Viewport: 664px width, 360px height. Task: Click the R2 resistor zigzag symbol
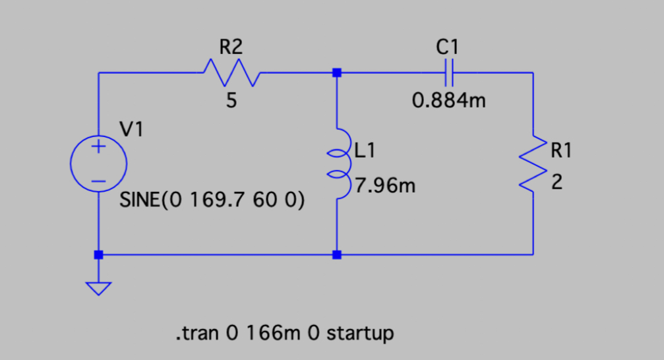(x=231, y=73)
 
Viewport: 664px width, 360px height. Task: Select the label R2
(x=230, y=47)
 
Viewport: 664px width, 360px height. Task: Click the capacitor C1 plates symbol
(x=448, y=73)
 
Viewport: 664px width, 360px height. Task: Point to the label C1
(x=447, y=46)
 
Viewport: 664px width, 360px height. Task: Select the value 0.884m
(x=448, y=102)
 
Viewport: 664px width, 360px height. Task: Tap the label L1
(x=365, y=150)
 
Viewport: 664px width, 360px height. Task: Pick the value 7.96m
(x=386, y=187)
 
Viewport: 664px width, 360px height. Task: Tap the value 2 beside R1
(x=557, y=185)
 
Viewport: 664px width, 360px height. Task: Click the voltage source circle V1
(x=98, y=164)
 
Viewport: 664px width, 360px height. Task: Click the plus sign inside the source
(x=98, y=148)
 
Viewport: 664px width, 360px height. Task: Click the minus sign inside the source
(x=98, y=180)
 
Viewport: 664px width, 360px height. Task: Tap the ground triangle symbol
(x=98, y=288)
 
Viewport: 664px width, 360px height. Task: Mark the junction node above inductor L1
(x=337, y=73)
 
